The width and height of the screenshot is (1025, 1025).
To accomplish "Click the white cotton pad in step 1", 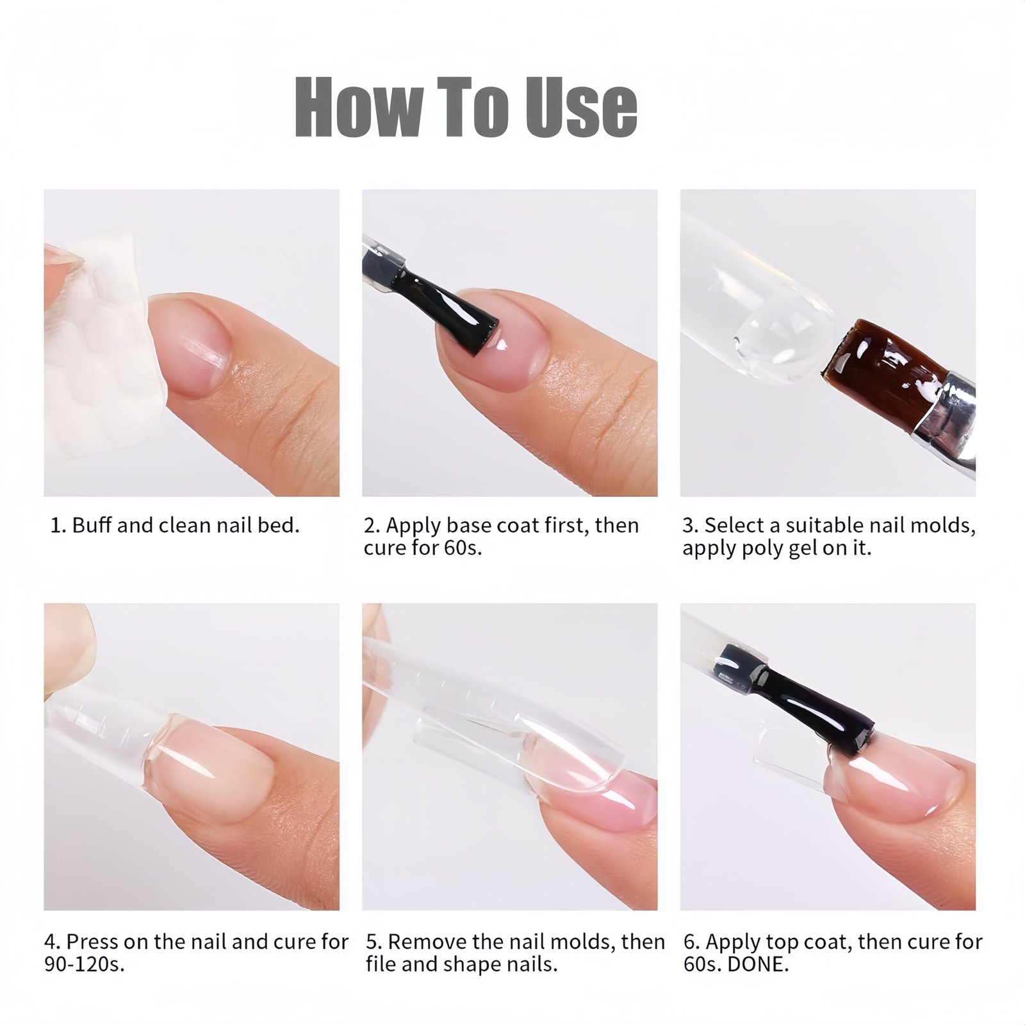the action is click(x=102, y=346).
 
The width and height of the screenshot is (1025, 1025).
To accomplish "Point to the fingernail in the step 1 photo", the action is click(x=192, y=343).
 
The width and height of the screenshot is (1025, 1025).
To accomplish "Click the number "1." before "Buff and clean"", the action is click(x=58, y=526).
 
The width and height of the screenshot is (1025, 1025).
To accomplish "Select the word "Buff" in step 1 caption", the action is click(x=93, y=525).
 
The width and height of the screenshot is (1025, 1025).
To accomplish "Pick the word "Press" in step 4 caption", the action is click(x=92, y=942).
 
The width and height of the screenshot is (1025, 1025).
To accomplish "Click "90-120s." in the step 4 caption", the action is click(x=84, y=965).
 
